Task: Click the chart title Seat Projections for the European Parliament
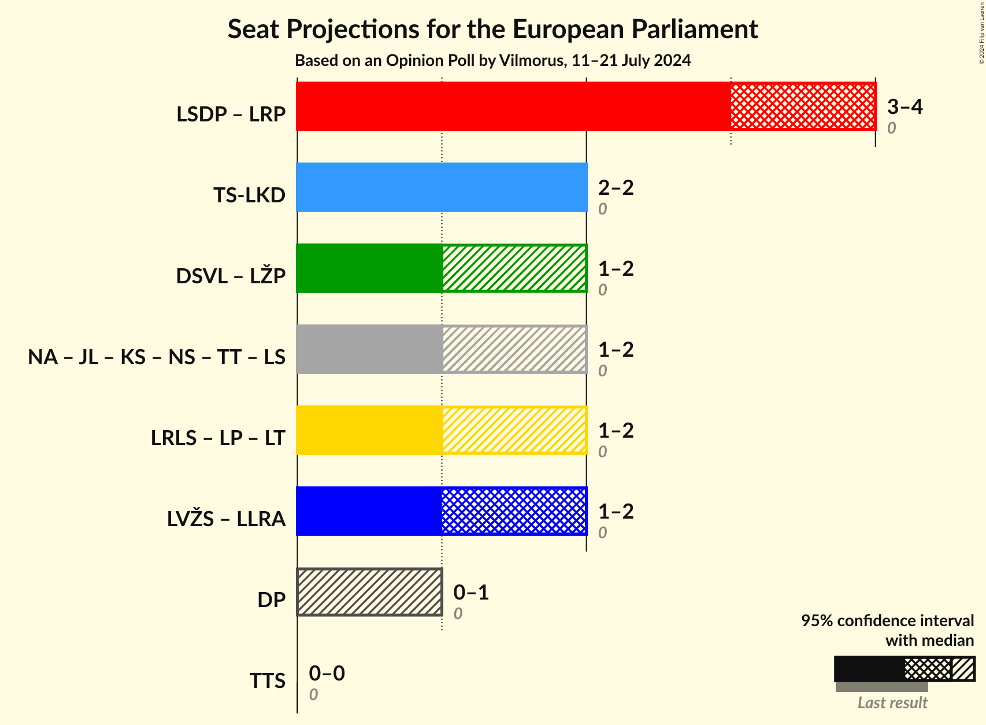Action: pyautogui.click(x=492, y=29)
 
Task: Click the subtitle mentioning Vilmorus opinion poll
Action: pyautogui.click(x=492, y=61)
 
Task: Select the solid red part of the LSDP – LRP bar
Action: pyautogui.click(x=513, y=106)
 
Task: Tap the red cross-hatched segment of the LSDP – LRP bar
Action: pyautogui.click(x=803, y=106)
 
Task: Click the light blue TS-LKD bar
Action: pyautogui.click(x=442, y=187)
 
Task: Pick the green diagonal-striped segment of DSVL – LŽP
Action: pyautogui.click(x=514, y=268)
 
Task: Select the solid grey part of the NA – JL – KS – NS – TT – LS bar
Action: pyautogui.click(x=369, y=349)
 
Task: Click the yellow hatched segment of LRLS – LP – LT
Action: pyautogui.click(x=514, y=430)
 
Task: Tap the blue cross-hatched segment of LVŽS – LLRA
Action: pyautogui.click(x=514, y=511)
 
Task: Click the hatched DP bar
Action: pyautogui.click(x=369, y=592)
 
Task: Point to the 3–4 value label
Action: pyautogui.click(x=905, y=106)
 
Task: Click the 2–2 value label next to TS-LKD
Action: pyautogui.click(x=616, y=187)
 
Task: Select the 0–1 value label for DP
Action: pyautogui.click(x=471, y=592)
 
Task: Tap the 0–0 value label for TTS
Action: pyautogui.click(x=327, y=673)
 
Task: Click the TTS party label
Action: pyautogui.click(x=267, y=681)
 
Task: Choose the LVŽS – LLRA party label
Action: pyautogui.click(x=226, y=519)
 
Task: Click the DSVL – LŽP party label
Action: pyautogui.click(x=231, y=276)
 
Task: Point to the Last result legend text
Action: pyautogui.click(x=892, y=702)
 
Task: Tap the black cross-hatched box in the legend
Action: pyautogui.click(x=928, y=669)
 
